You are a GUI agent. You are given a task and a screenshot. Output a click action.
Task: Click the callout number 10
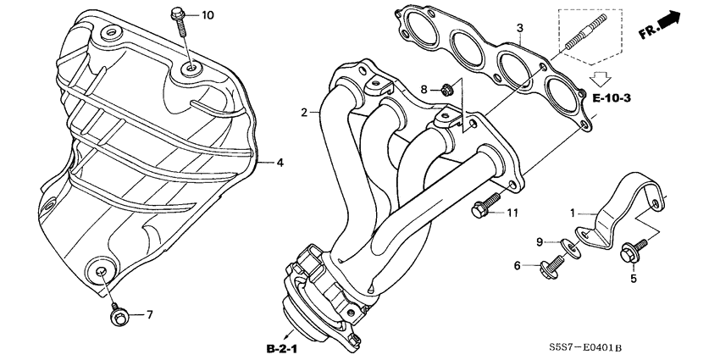208,15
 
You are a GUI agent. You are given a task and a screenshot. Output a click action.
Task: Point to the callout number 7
149,315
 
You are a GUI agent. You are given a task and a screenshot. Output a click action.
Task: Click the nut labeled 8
449,88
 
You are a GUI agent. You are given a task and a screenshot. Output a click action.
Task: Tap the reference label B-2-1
280,348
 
